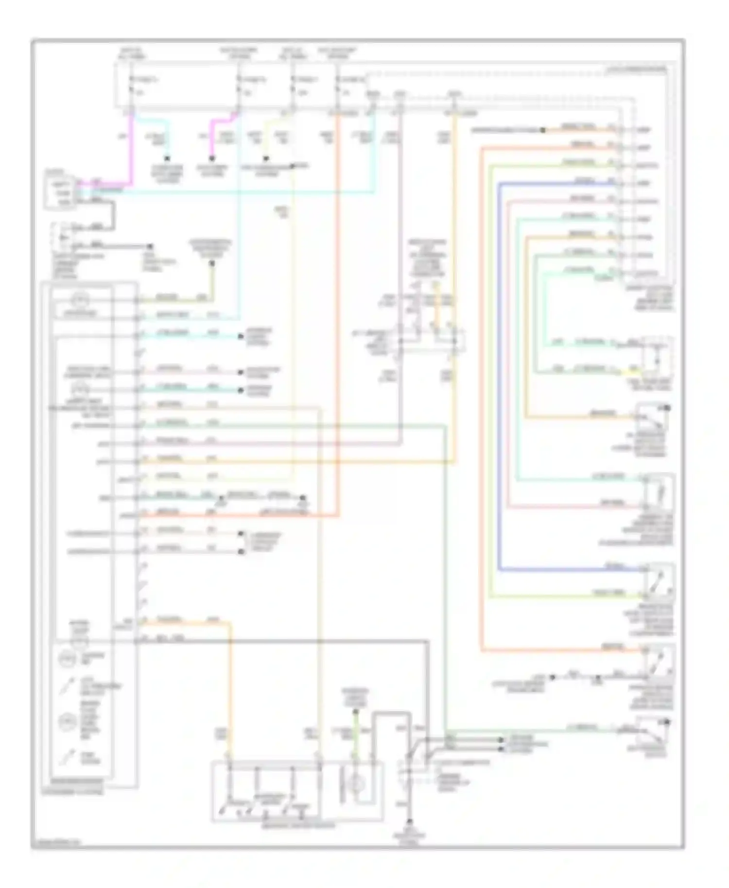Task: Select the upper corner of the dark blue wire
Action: click(x=499, y=183)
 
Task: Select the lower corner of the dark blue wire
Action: click(x=499, y=569)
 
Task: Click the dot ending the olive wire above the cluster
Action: click(x=212, y=264)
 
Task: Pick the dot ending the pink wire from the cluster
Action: click(x=240, y=373)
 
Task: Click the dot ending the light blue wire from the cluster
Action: click(x=240, y=336)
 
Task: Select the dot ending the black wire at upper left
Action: click(x=151, y=247)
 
